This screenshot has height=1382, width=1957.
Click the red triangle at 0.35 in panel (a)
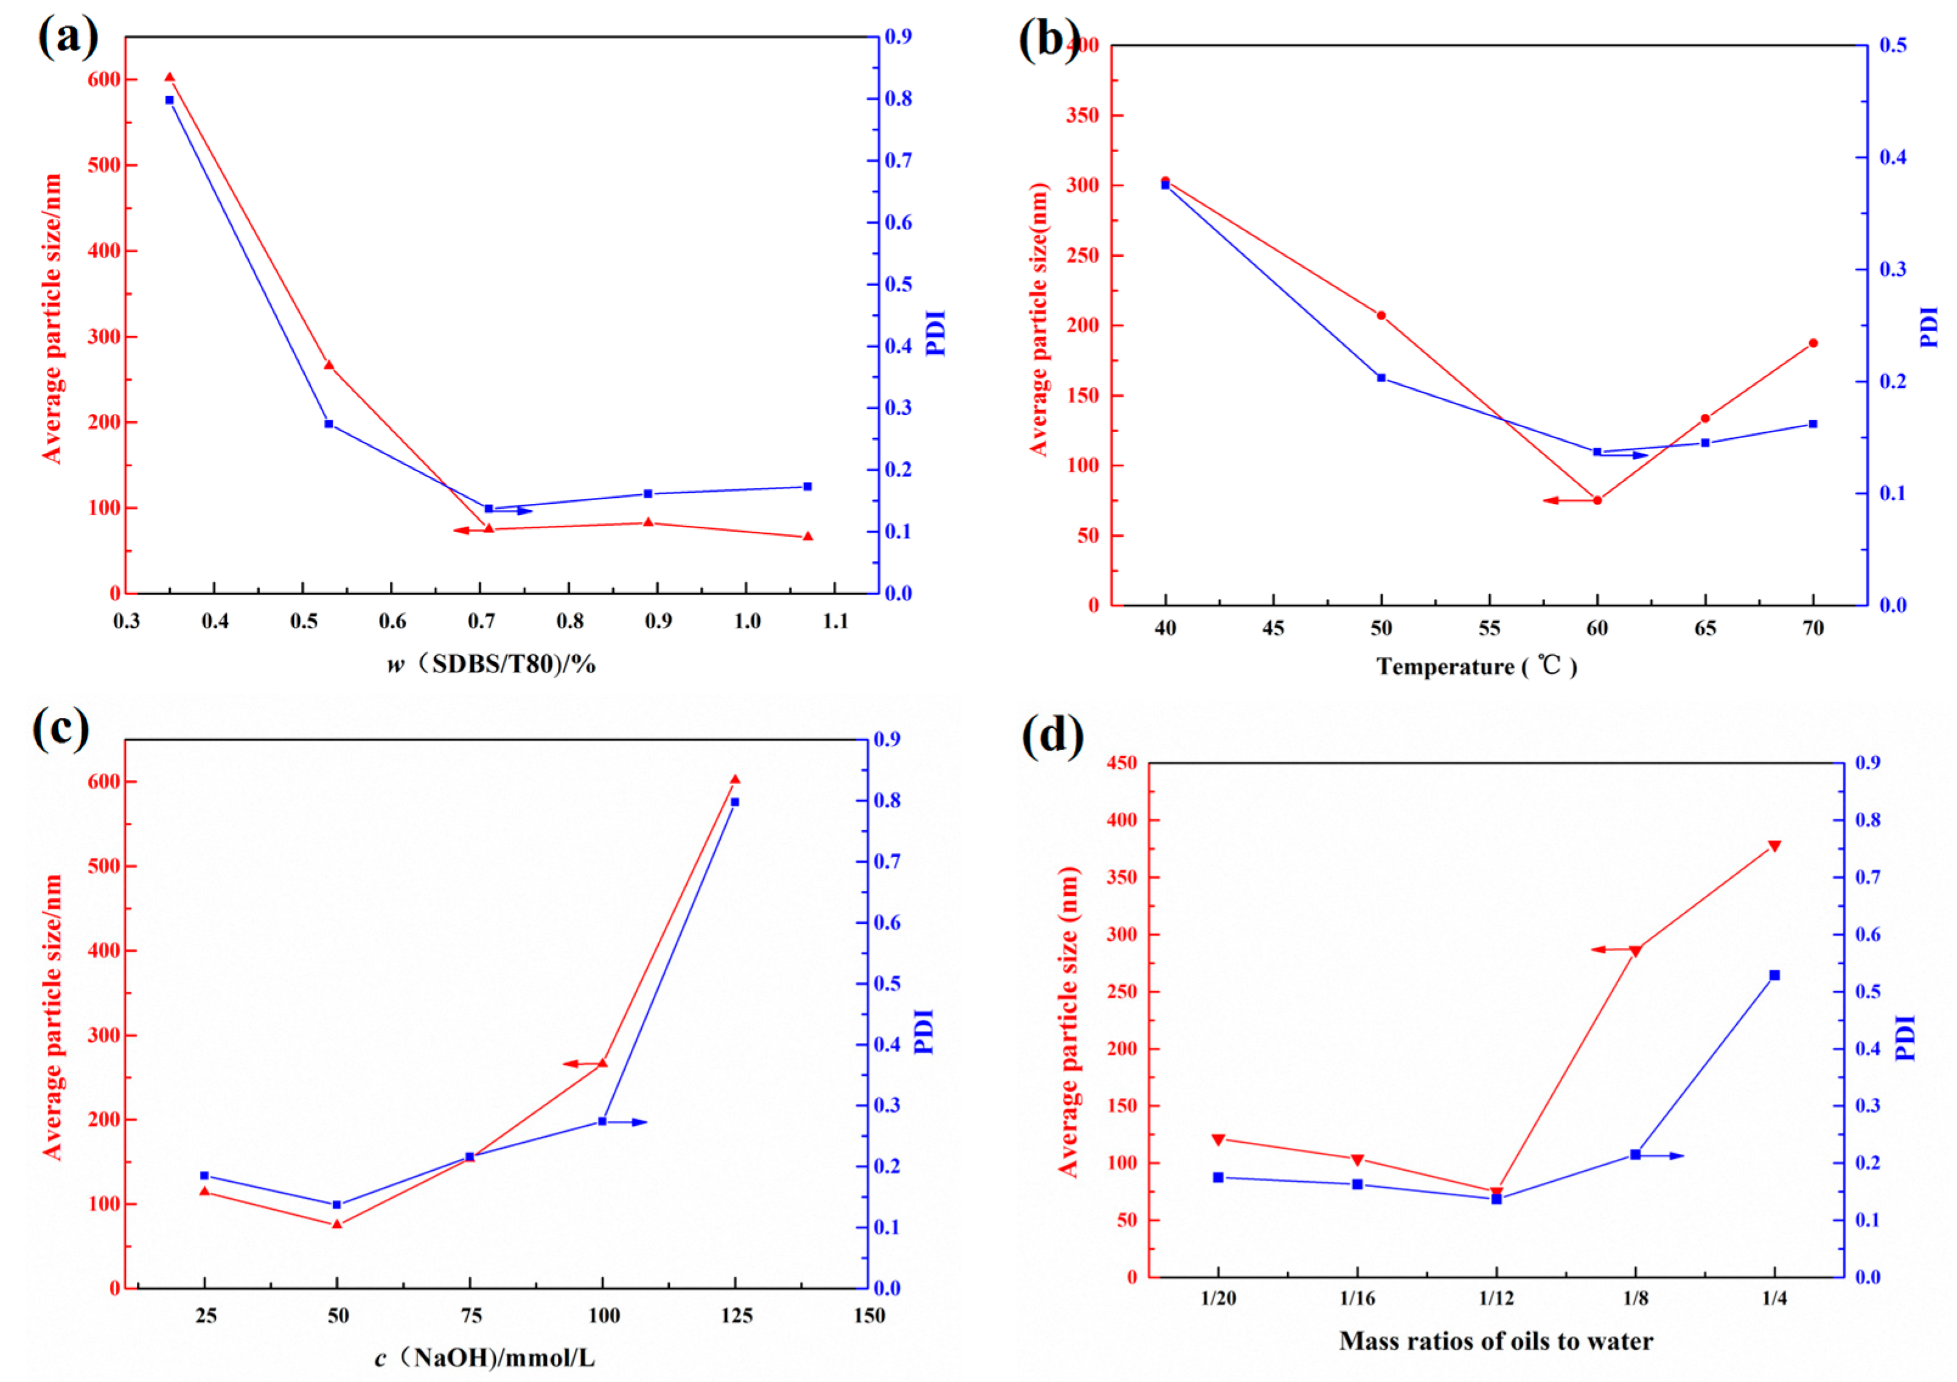pyautogui.click(x=169, y=77)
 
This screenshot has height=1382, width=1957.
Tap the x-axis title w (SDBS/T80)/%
pyautogui.click(x=492, y=664)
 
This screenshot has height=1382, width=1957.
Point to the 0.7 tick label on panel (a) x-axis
pyautogui.click(x=481, y=621)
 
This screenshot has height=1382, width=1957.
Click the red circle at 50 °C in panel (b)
pyautogui.click(x=1381, y=315)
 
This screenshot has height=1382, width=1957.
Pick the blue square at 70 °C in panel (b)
pyautogui.click(x=1813, y=424)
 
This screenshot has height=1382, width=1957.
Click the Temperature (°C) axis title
pyautogui.click(x=1476, y=666)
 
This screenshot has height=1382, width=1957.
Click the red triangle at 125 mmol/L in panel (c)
pyautogui.click(x=735, y=780)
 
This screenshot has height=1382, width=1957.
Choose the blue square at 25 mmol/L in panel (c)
pyautogui.click(x=204, y=1176)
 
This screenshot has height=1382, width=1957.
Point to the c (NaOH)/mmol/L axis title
pyautogui.click(x=485, y=1357)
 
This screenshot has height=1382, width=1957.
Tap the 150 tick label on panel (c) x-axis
pyautogui.click(x=869, y=1316)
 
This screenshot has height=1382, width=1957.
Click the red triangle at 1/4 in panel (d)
pyautogui.click(x=1775, y=846)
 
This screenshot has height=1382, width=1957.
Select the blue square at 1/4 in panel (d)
pyautogui.click(x=1775, y=974)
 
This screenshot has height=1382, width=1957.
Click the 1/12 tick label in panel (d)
pyautogui.click(x=1496, y=1299)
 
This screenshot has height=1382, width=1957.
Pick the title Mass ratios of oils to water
pyautogui.click(x=1496, y=1341)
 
